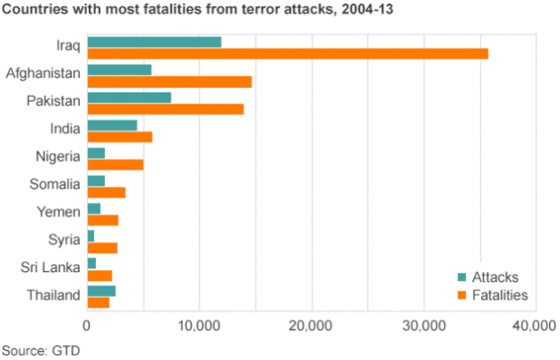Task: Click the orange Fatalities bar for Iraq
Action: tap(287, 54)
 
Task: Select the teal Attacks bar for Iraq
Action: tap(154, 42)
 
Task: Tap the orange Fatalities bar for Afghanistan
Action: tap(169, 82)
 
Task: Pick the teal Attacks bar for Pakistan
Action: tap(129, 97)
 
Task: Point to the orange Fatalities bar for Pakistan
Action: tap(165, 109)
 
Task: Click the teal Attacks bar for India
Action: tap(111, 125)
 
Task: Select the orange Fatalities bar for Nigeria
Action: tap(115, 164)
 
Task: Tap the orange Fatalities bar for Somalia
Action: tap(106, 192)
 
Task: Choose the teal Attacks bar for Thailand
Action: tap(101, 290)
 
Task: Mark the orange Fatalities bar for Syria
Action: tap(102, 248)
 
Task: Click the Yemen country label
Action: tap(60, 212)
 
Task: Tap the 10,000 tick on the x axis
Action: tap(199, 326)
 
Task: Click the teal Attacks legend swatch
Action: tap(462, 277)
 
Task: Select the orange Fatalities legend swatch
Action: tap(462, 295)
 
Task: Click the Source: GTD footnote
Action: tap(36, 349)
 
